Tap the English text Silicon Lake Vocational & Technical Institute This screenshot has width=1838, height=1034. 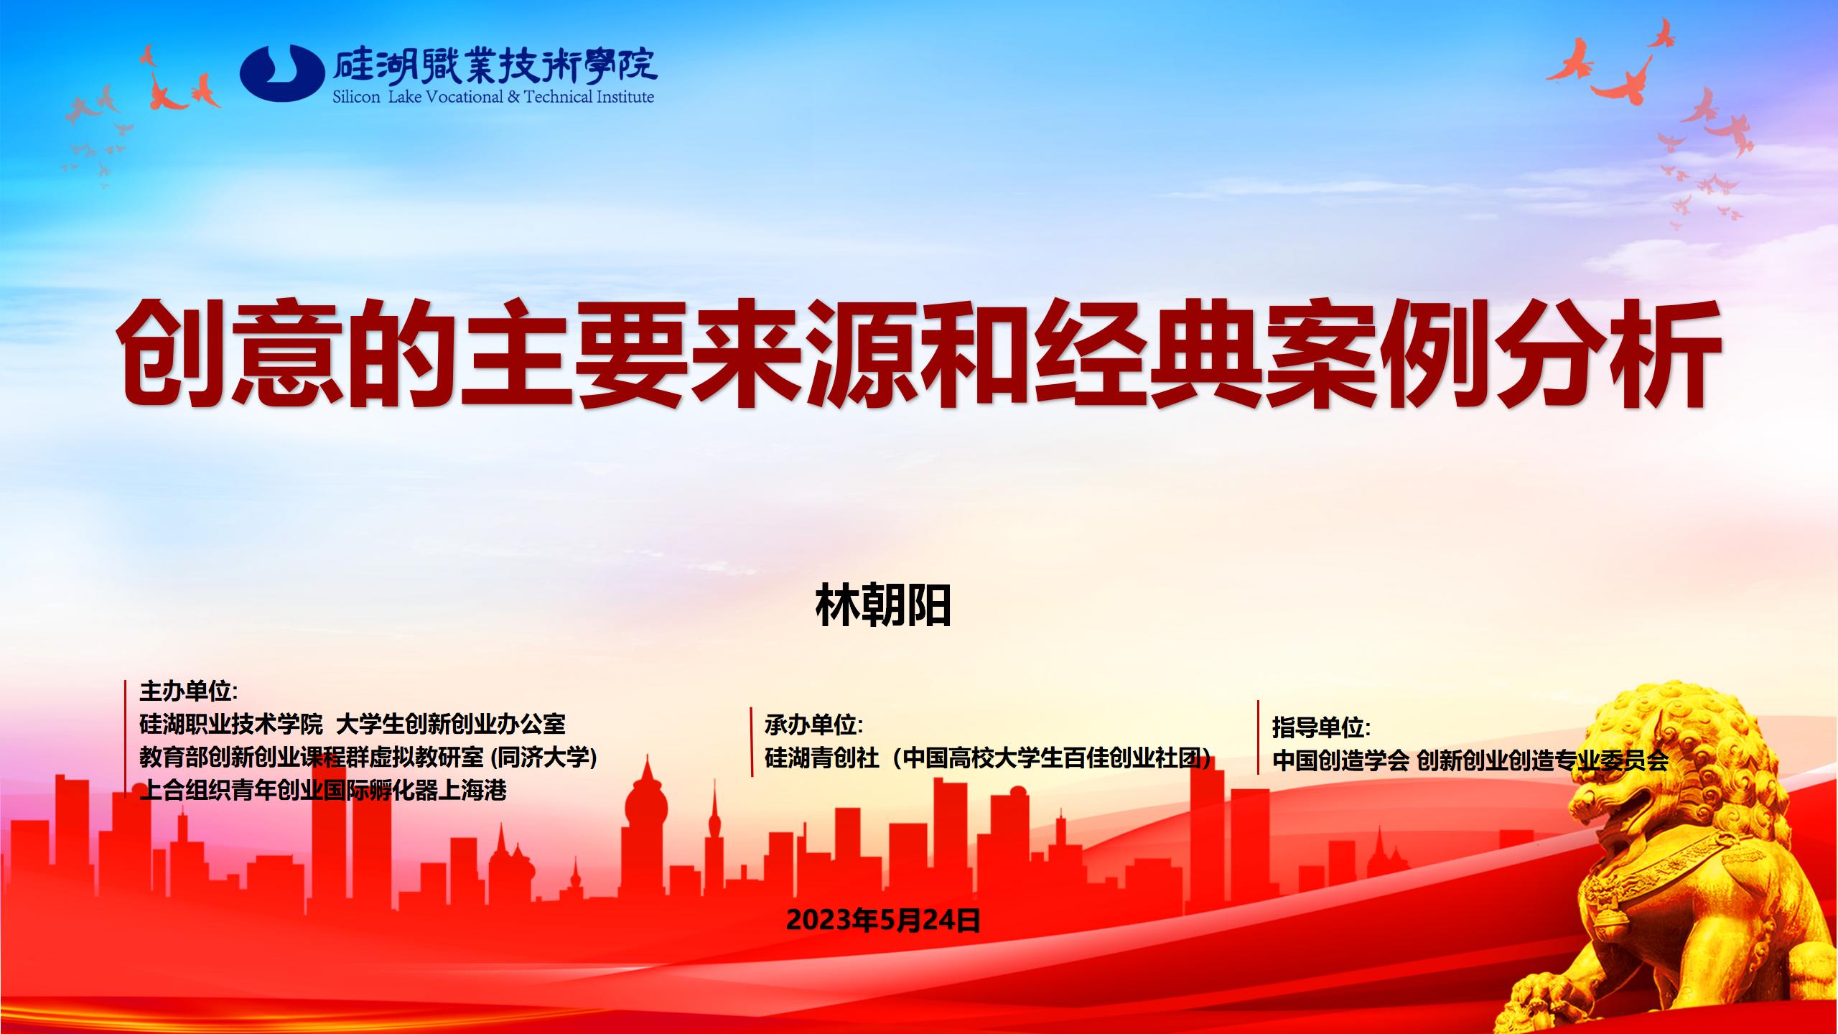point(493,96)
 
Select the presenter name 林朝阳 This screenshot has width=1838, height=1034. point(883,605)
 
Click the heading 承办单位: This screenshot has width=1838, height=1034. point(813,725)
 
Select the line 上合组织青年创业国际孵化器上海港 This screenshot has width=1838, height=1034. point(323,791)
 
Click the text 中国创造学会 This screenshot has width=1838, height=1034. point(1340,760)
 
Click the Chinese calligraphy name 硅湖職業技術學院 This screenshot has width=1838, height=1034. point(495,66)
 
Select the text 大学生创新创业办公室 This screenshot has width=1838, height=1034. point(451,724)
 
